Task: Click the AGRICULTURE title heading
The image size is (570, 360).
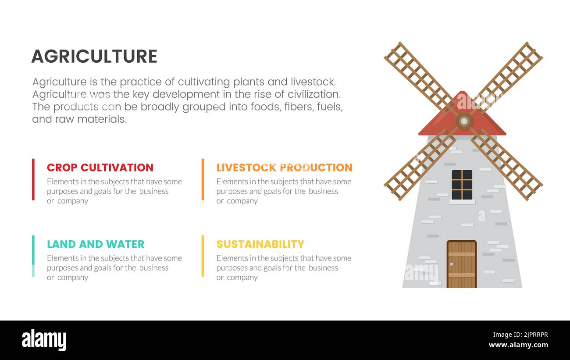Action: pos(94,57)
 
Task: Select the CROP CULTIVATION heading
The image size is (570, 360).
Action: pos(100,168)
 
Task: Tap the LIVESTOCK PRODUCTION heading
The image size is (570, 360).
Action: pos(284,168)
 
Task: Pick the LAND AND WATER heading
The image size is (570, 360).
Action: pos(96,244)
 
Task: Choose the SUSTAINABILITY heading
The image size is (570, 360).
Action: pos(260,244)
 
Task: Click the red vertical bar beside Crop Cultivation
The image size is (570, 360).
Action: pos(33,179)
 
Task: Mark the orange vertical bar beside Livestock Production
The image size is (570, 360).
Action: pos(203,179)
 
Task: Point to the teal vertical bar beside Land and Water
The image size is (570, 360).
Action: pos(33,256)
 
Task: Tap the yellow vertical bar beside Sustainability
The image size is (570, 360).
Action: pos(203,256)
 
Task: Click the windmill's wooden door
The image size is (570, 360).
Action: pos(461,264)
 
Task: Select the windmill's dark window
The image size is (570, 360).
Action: pos(462,185)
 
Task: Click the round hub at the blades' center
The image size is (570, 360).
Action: pos(464,121)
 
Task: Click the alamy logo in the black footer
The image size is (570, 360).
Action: pos(44,340)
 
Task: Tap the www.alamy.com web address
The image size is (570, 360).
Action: pos(518,345)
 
